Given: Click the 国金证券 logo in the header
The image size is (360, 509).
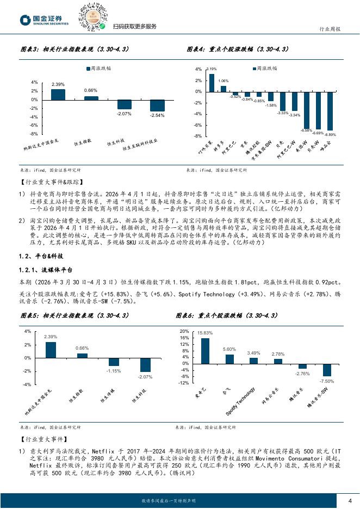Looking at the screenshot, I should [44, 20].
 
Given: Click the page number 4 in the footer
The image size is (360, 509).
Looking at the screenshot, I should [350, 500].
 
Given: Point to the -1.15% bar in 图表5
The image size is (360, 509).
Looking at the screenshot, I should [113, 362].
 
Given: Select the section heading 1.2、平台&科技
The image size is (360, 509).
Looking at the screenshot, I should [40, 255].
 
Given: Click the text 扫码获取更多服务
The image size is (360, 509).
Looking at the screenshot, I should [134, 27].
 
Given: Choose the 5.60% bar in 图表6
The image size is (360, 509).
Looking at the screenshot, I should [229, 358].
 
